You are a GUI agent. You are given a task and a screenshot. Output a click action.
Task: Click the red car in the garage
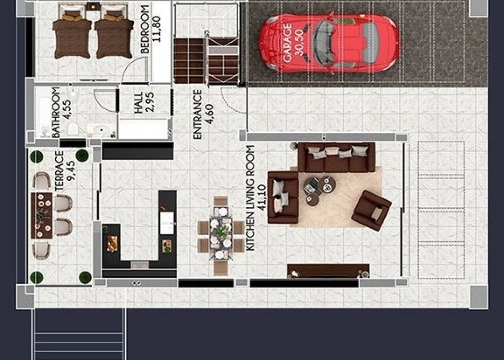[x=329, y=43]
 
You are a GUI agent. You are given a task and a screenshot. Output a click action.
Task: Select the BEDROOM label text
[x=145, y=30]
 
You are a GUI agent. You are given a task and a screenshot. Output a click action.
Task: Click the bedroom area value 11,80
[x=157, y=30]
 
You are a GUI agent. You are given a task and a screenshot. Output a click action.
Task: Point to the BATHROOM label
[x=56, y=112]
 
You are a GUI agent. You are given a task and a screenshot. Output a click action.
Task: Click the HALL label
[x=138, y=103]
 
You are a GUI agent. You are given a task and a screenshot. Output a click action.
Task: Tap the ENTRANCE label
[x=198, y=114]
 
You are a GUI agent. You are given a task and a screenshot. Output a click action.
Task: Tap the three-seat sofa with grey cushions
[x=337, y=157]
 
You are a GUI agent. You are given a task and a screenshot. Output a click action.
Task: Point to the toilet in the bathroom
[x=73, y=129]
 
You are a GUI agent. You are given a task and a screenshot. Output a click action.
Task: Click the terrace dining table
[x=41, y=215]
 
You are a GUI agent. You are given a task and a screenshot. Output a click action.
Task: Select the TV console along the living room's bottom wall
[x=328, y=270]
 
